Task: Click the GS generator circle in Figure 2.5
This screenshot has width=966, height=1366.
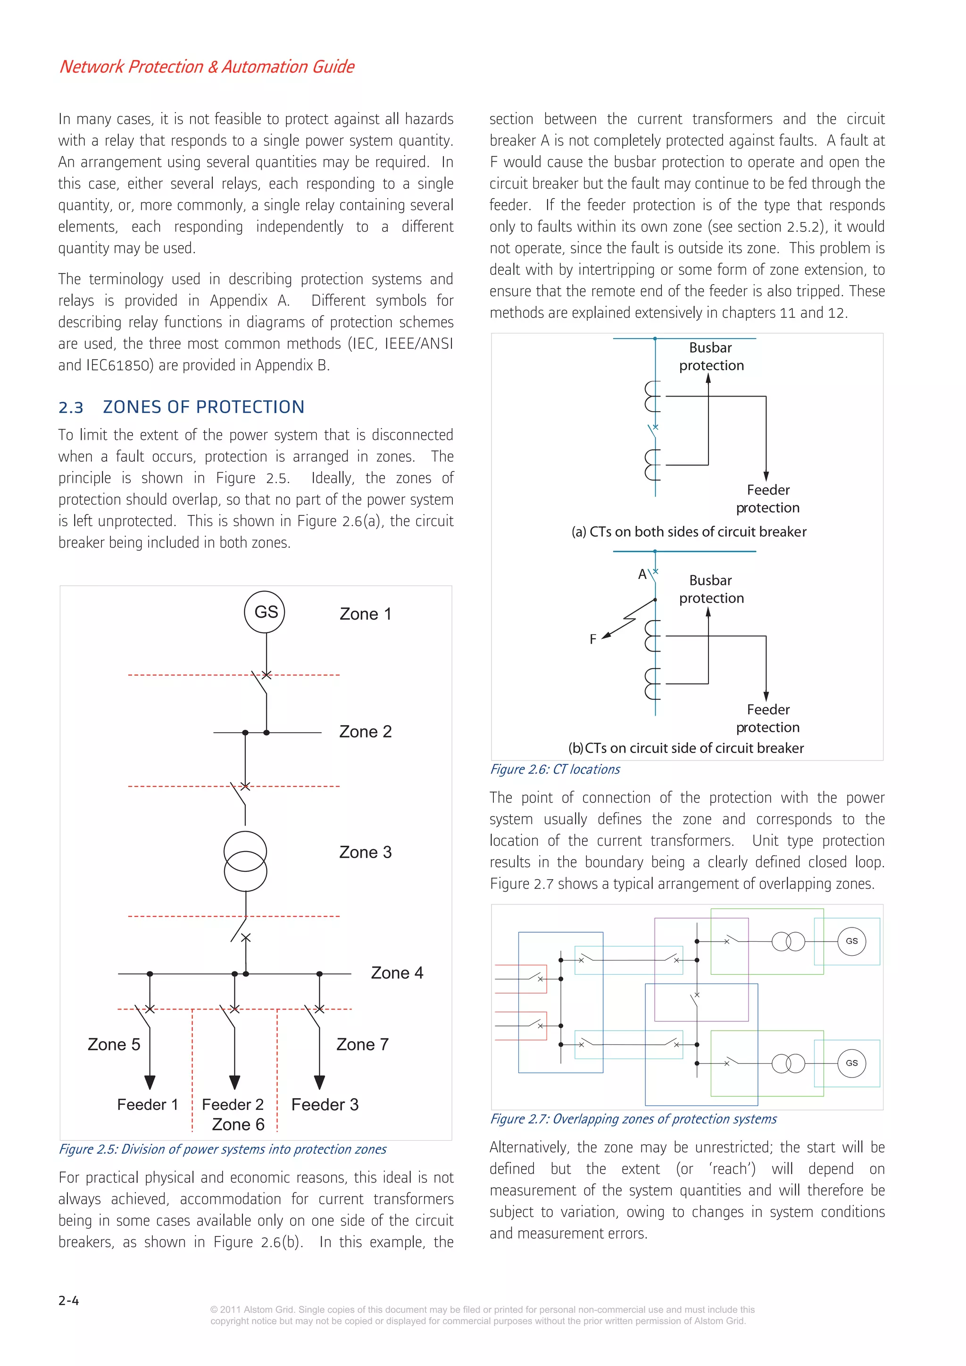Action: click(265, 612)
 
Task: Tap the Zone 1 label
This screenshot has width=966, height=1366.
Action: click(366, 614)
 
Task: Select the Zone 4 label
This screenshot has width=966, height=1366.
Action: click(397, 973)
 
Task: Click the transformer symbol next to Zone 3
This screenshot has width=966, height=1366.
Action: click(245, 861)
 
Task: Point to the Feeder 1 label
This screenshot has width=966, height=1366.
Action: click(148, 1104)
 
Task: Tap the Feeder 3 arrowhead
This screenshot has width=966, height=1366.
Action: click(320, 1082)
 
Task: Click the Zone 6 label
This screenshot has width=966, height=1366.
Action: click(238, 1125)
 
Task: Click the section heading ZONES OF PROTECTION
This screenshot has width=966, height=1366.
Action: click(204, 407)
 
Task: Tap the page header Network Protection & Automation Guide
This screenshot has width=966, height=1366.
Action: click(207, 66)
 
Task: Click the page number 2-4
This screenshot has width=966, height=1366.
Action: click(68, 1300)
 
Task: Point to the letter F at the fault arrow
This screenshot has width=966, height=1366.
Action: click(593, 639)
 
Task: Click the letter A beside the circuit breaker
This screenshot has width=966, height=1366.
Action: click(642, 574)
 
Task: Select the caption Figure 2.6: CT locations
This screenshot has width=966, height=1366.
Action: click(555, 769)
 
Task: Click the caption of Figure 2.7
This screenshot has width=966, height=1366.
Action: click(633, 1119)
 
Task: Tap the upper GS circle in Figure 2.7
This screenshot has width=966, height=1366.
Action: click(852, 941)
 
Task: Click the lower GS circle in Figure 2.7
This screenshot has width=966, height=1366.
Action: click(852, 1063)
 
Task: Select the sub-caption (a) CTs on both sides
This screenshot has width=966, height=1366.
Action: click(689, 532)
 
